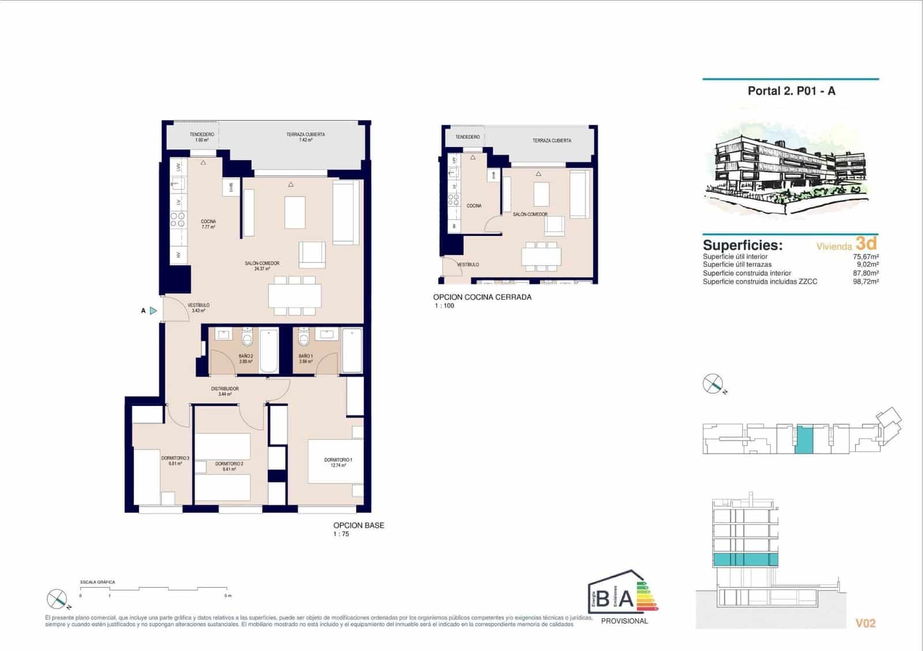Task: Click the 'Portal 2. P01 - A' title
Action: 791,91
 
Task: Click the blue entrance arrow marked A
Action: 153,311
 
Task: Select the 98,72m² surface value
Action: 865,282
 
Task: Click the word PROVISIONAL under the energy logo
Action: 624,621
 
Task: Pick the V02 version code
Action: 865,623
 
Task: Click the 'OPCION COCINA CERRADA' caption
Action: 482,297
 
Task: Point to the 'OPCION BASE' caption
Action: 358,525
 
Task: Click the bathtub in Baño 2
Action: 269,351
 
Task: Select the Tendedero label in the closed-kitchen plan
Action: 467,137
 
